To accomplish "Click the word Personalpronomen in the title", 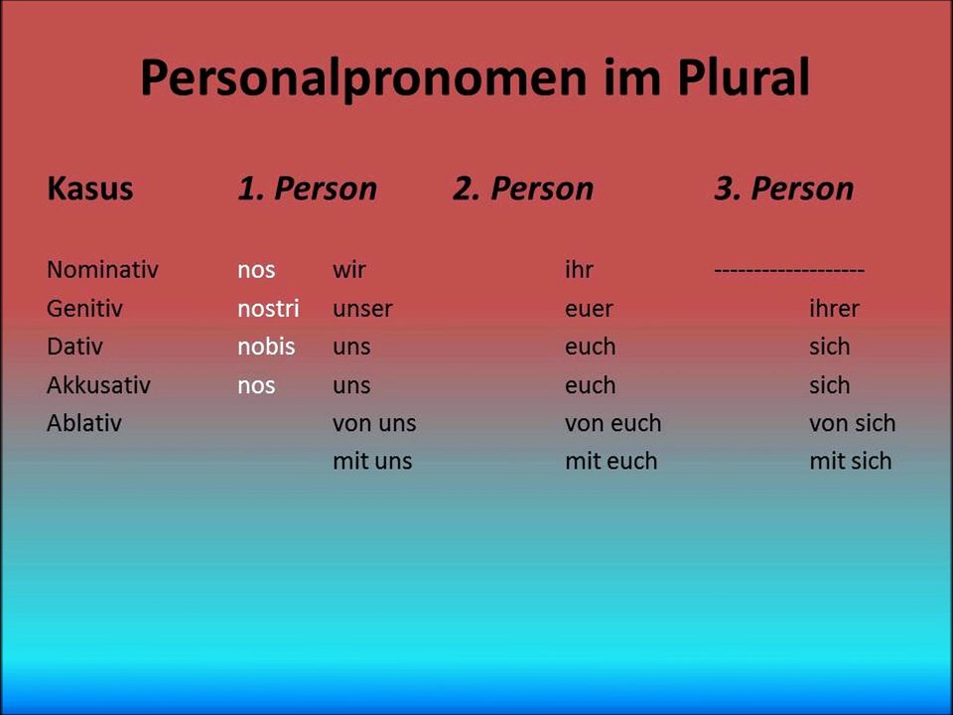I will (x=363, y=78).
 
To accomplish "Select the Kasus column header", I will (x=89, y=189).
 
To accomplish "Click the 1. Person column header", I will (x=307, y=189).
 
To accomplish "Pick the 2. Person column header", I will (x=523, y=189).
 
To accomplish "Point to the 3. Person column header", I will (x=783, y=189).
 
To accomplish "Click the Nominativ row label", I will (x=102, y=269).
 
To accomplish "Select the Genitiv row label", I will (x=84, y=308).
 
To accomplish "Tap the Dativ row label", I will (x=74, y=347).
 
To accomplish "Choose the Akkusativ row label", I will (x=98, y=385).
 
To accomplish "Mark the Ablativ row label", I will (x=83, y=423).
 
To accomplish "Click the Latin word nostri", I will (x=268, y=308).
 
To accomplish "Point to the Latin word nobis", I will (x=266, y=347).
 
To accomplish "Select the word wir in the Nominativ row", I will (x=349, y=269).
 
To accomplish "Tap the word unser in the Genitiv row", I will (x=362, y=308).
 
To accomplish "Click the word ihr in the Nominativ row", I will (x=579, y=269).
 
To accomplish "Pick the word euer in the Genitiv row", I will (x=589, y=308).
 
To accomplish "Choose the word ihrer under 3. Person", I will (x=834, y=308).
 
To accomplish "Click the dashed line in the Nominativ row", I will (x=789, y=270).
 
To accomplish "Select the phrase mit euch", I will (x=611, y=461).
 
